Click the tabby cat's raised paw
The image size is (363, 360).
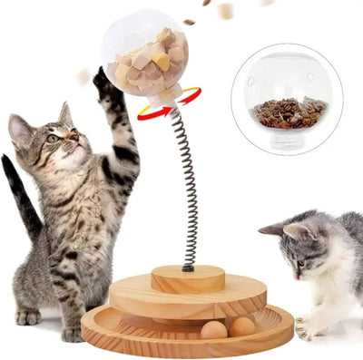click(103, 84)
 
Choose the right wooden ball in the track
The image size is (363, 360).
click(241, 326)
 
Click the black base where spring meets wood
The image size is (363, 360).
click(188, 268)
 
